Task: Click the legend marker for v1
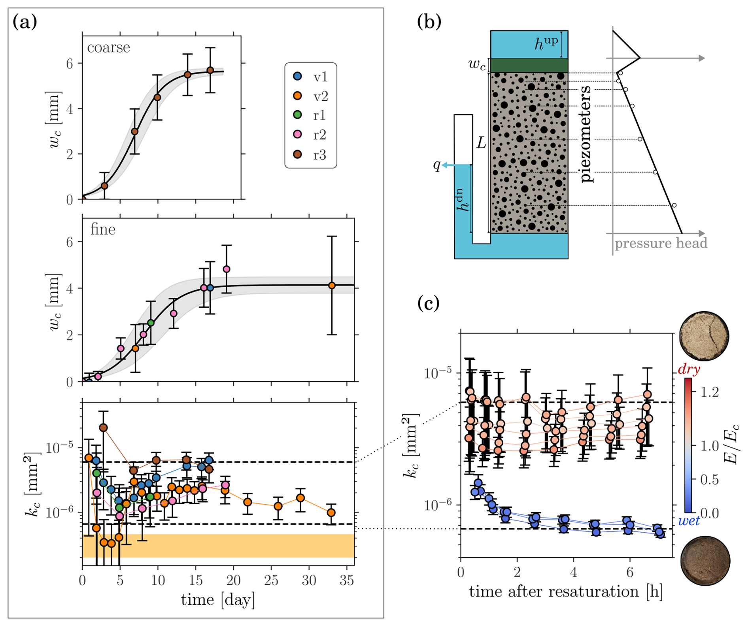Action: [x=297, y=76]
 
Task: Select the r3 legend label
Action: [x=319, y=155]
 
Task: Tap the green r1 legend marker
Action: [x=297, y=115]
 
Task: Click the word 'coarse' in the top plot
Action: [x=108, y=47]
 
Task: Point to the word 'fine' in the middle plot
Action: [x=103, y=229]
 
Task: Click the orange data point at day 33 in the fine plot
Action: [x=332, y=285]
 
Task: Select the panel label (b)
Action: [x=429, y=22]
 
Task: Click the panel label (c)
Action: [x=429, y=303]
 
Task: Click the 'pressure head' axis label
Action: [x=661, y=243]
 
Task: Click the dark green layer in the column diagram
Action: [x=529, y=65]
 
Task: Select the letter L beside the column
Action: [x=481, y=142]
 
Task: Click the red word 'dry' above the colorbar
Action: [x=689, y=369]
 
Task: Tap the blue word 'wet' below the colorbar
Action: [x=688, y=521]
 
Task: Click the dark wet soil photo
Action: [x=705, y=560]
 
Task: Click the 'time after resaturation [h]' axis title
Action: [x=566, y=592]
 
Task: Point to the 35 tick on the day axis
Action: [x=347, y=580]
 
